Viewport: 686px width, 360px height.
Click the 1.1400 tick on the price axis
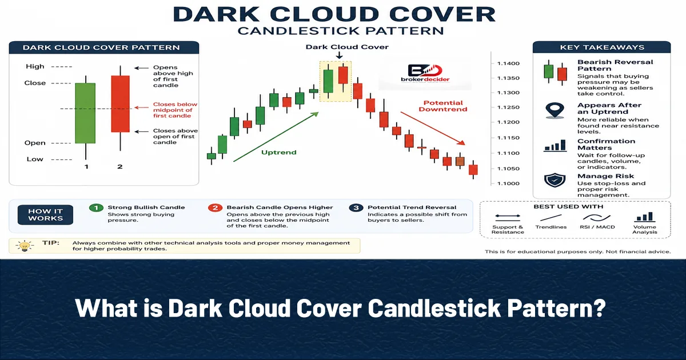508,63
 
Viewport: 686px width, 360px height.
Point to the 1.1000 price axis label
508,183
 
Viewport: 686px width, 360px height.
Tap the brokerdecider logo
425,74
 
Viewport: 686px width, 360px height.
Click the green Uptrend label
279,152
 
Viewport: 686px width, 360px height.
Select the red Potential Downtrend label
443,106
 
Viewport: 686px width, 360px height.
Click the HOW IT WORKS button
45,215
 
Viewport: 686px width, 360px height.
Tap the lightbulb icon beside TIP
25,246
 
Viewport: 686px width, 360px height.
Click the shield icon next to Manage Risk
555,181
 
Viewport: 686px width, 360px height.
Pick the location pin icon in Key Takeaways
555,110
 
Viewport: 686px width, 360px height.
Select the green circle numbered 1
96,208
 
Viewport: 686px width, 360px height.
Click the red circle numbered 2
215,208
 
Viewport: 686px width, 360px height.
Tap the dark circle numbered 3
356,208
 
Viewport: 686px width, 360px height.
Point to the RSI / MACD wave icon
597,218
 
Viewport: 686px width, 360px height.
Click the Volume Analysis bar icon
644,217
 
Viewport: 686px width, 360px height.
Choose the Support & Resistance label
508,230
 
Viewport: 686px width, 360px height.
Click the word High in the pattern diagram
35,66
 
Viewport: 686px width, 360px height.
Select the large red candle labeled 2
121,104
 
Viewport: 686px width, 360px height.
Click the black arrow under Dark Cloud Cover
339,55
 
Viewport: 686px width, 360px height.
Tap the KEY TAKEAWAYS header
602,47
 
